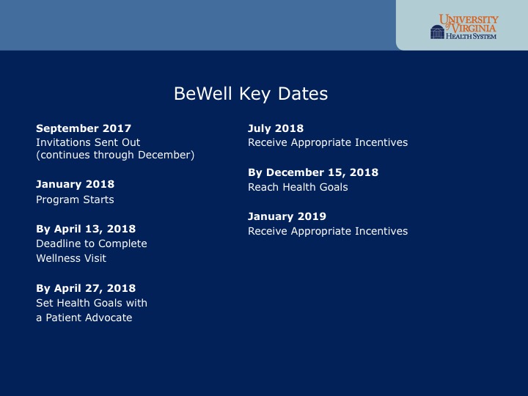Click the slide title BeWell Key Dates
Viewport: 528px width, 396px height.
[251, 94]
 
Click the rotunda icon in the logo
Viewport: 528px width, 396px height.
[437, 32]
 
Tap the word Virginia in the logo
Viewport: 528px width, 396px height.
[474, 28]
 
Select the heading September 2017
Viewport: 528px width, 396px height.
[84, 128]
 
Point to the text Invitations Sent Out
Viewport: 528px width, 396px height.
[88, 142]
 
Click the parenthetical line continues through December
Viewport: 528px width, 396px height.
[115, 155]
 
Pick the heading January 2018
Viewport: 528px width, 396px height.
[75, 185]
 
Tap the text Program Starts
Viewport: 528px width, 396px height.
[75, 199]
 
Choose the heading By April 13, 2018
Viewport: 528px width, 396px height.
[86, 229]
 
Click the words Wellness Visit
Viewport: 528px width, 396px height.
[71, 258]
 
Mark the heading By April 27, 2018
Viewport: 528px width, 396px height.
[86, 288]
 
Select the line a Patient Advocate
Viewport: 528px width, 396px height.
[84, 318]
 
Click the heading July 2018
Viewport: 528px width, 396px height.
[276, 128]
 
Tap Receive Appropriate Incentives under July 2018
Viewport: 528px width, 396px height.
[328, 142]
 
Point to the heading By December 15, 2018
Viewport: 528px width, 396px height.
[313, 172]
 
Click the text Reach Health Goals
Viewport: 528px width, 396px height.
[298, 187]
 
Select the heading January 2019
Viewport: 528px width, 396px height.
[287, 216]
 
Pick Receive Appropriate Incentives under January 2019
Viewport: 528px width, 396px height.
[328, 231]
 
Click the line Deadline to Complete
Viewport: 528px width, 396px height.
[92, 243]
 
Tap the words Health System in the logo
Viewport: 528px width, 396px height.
[471, 36]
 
